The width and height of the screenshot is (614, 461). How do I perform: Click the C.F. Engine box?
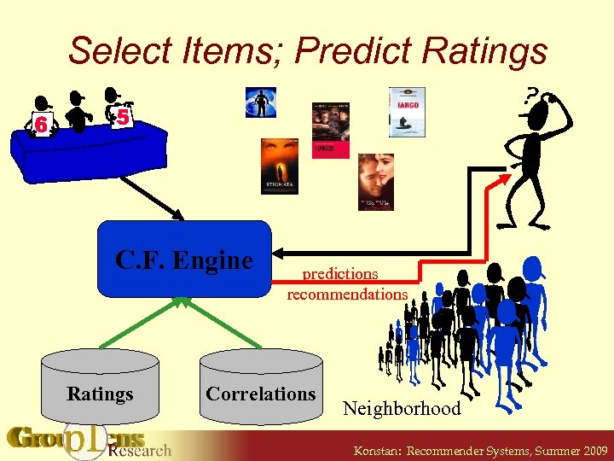(x=184, y=260)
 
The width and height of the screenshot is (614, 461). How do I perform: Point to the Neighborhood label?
(x=402, y=408)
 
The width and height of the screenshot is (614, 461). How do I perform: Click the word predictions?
(x=340, y=274)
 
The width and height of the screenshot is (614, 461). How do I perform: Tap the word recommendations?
(x=347, y=294)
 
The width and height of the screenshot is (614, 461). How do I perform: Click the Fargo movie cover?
(x=407, y=112)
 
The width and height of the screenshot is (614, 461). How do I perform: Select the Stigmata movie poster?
(x=279, y=166)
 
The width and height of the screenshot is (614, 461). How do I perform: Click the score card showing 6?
(x=41, y=125)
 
